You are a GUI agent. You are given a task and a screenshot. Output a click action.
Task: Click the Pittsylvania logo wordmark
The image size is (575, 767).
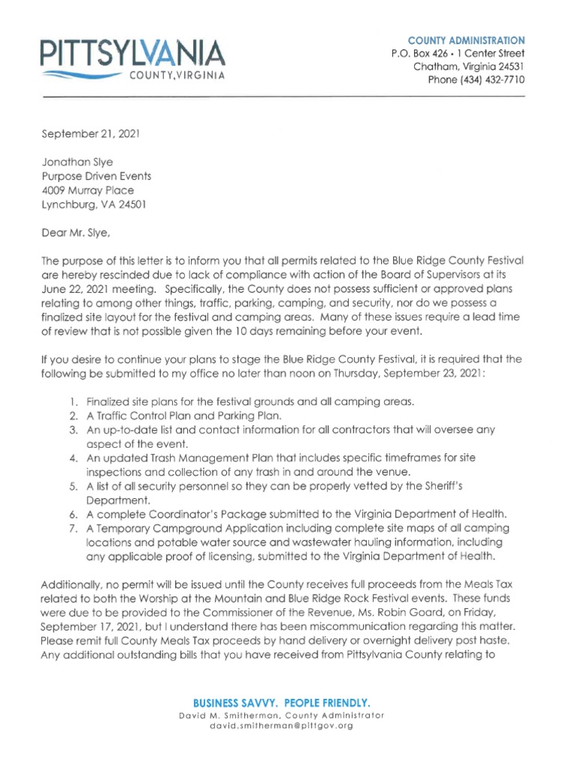pyautogui.click(x=133, y=53)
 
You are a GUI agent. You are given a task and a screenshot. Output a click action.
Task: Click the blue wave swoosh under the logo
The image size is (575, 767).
pyautogui.click(x=80, y=75)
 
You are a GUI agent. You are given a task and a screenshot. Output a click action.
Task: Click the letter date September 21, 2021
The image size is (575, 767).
pyautogui.click(x=90, y=135)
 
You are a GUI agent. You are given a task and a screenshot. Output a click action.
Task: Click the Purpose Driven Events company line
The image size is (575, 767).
pyautogui.click(x=96, y=176)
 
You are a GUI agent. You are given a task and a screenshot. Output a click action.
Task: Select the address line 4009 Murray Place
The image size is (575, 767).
pyautogui.click(x=88, y=190)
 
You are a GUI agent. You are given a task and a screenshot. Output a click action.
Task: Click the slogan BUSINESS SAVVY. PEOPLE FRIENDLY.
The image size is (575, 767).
pyautogui.click(x=282, y=703)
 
